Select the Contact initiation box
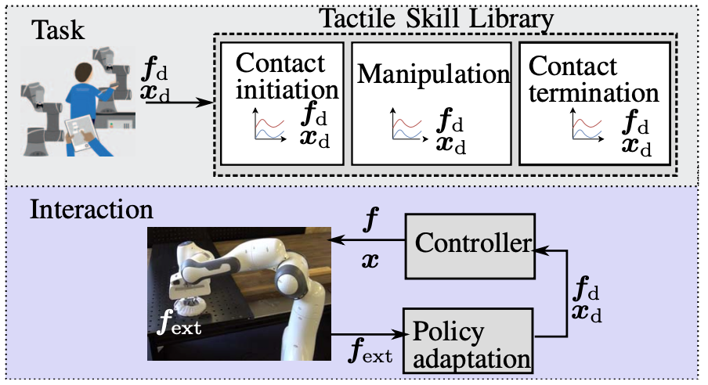(x=282, y=103)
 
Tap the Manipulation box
(x=433, y=103)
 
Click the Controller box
(x=470, y=244)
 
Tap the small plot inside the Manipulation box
(x=407, y=127)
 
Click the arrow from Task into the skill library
(x=179, y=102)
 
